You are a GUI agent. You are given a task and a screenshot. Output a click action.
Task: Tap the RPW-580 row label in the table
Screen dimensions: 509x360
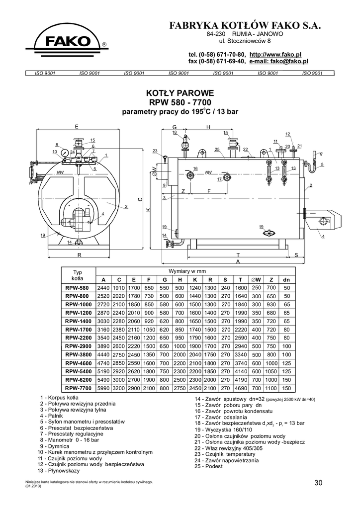[77, 288]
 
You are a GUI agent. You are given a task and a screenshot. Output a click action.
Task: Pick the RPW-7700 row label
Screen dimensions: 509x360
[77, 388]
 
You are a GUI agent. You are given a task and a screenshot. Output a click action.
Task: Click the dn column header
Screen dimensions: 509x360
[286, 279]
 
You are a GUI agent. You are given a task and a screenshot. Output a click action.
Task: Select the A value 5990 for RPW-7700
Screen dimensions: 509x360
[103, 388]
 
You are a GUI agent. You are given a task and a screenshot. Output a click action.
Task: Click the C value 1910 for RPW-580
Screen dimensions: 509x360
[119, 288]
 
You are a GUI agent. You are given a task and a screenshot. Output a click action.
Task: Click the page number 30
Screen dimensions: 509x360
[319, 482]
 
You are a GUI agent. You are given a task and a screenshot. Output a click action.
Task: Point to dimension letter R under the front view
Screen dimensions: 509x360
[80, 254]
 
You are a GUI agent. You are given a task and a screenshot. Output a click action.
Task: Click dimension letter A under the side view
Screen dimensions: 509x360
[238, 261]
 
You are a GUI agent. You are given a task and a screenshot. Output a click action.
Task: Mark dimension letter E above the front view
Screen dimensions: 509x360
[77, 127]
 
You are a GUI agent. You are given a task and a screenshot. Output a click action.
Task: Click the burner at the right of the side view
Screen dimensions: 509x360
[326, 220]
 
